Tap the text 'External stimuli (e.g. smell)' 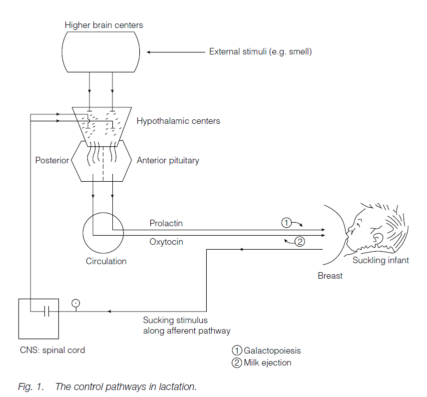(x=260, y=51)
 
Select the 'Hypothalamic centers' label (x=178, y=121)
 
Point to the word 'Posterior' (x=52, y=160)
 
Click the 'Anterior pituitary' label (x=168, y=160)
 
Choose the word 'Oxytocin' (x=166, y=242)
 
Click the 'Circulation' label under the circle (x=106, y=261)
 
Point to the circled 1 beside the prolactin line (x=286, y=223)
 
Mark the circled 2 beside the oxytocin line (x=300, y=242)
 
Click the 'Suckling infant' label (x=381, y=260)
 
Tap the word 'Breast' (x=330, y=275)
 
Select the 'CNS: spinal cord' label (x=49, y=350)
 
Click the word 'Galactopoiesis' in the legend (x=272, y=351)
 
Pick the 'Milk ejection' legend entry (x=267, y=363)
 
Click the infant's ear (x=377, y=239)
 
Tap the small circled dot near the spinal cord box (x=76, y=302)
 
